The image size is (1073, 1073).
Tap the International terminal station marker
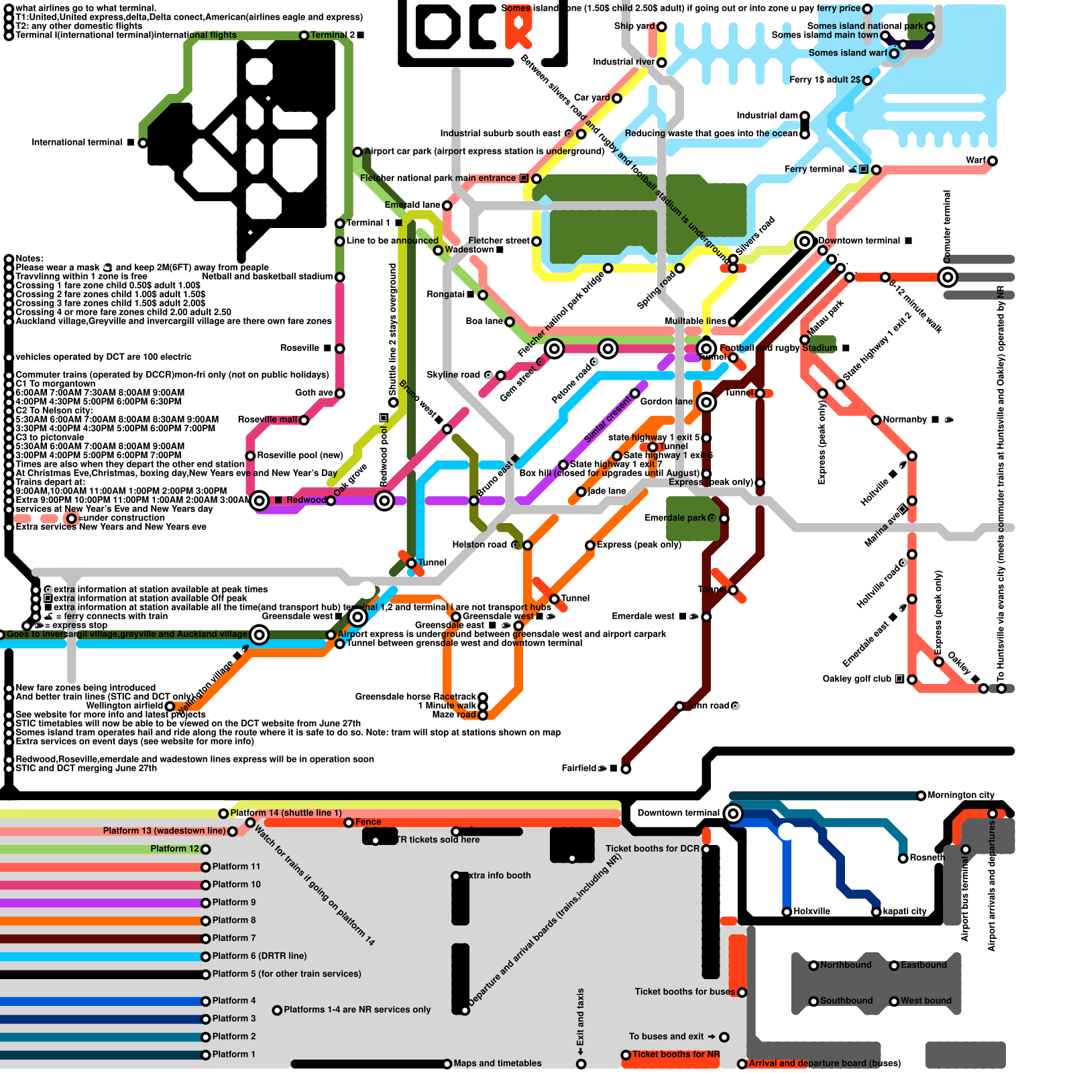coord(142,143)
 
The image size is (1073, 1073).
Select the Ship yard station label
coord(634,26)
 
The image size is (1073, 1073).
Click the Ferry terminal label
coord(814,169)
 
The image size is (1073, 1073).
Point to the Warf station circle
coord(993,161)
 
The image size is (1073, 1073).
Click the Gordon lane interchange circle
coord(706,402)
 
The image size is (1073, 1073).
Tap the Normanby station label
coord(905,420)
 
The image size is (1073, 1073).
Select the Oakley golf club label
coord(856,679)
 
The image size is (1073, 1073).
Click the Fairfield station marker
coord(626,769)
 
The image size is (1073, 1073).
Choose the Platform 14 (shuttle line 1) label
coord(286,813)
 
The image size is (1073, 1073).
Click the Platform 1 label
coord(233,1054)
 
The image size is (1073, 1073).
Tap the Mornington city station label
coord(961,795)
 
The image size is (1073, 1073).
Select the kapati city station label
coord(905,911)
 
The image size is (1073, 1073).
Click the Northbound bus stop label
coord(846,965)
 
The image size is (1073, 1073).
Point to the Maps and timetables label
coord(497,1063)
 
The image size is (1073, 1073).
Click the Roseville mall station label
coord(268,420)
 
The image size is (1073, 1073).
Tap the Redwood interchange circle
coord(260,500)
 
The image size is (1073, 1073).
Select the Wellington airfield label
coord(125,705)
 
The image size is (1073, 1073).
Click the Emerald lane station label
coord(412,205)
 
